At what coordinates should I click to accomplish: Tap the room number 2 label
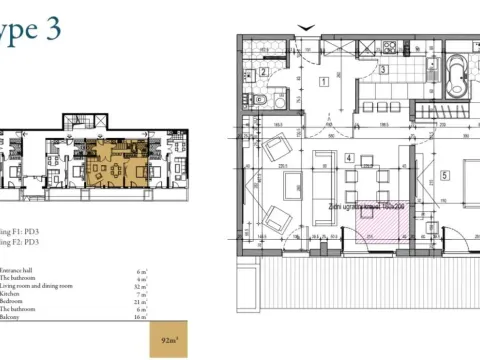tap(264, 71)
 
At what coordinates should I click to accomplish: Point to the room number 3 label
tap(384, 69)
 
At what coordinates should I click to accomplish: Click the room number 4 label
tap(348, 158)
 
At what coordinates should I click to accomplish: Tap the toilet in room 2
tap(257, 98)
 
